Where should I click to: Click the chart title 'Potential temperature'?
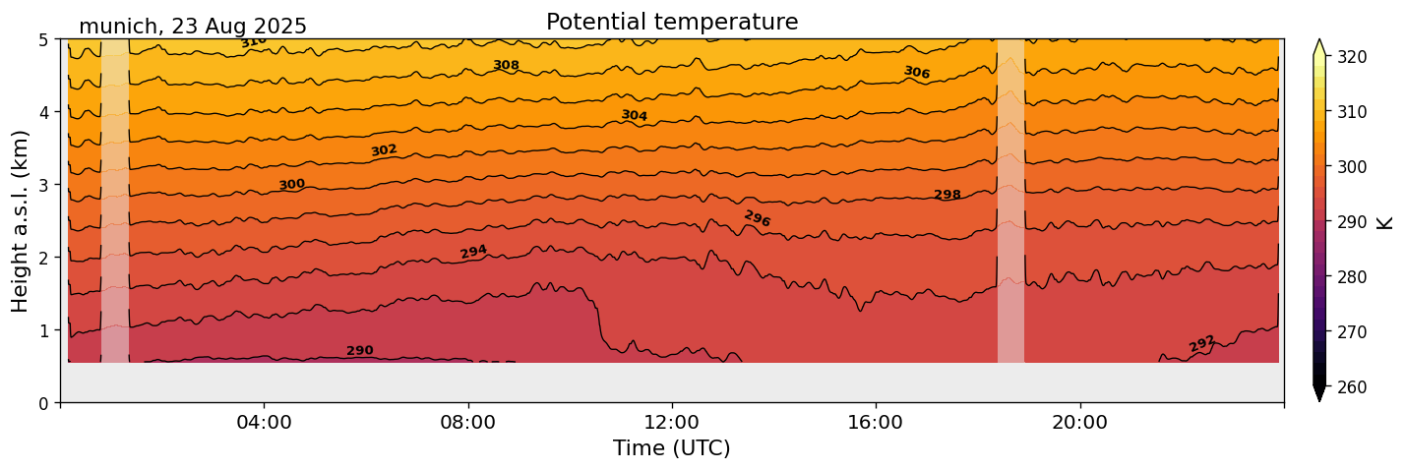click(x=672, y=22)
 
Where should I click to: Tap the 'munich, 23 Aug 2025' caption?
click(x=193, y=27)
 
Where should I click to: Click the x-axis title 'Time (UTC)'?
click(x=671, y=448)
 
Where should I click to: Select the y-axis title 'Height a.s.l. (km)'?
click(x=21, y=220)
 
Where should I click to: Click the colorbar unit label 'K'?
click(x=1385, y=222)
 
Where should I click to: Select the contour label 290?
click(x=360, y=351)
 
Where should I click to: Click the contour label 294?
click(x=474, y=252)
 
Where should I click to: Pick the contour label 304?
click(x=635, y=115)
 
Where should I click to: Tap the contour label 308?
click(x=506, y=65)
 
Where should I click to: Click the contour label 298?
click(x=947, y=195)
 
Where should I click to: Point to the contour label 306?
click(x=917, y=73)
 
